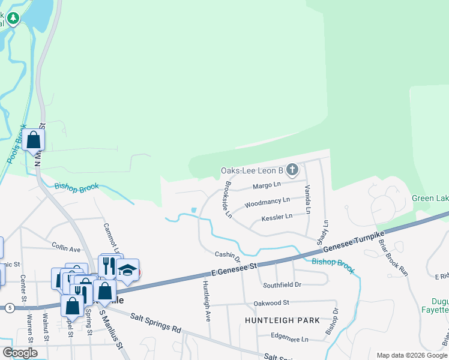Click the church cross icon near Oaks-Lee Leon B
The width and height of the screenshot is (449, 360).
(292, 170)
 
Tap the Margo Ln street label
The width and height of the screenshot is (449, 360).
(267, 185)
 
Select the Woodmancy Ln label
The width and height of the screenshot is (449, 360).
(267, 202)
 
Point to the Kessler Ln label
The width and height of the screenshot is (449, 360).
(277, 217)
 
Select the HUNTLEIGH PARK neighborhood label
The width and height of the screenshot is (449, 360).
(282, 320)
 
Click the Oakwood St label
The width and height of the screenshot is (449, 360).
(271, 303)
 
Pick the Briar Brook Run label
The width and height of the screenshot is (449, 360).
(393, 257)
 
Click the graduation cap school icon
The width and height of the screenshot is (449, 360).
(127, 269)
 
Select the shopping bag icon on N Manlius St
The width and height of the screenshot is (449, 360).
(34, 140)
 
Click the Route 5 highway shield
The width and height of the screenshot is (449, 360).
(9, 308)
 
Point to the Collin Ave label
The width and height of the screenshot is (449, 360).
(66, 248)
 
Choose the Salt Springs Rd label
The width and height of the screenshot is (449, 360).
(155, 322)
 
